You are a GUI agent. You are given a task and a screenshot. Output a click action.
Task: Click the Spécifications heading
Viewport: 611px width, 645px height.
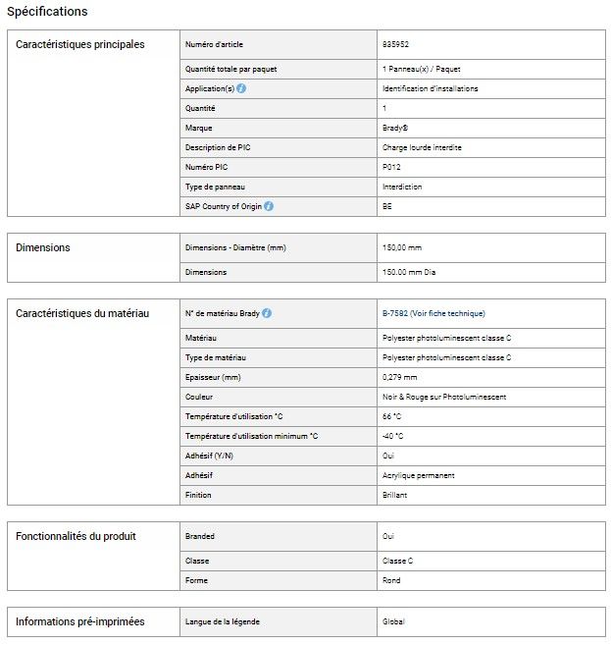coord(47,12)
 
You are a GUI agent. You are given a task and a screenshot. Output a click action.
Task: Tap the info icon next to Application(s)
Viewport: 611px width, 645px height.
coord(241,88)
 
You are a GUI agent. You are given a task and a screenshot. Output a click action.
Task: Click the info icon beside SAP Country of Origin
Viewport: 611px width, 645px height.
coord(269,206)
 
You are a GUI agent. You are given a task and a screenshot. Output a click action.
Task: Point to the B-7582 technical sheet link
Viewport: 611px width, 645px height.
coord(433,313)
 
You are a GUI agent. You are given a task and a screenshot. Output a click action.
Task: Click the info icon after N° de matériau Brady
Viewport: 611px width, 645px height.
coord(267,313)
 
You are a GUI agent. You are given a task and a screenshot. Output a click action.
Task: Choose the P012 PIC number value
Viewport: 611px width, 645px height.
coord(391,167)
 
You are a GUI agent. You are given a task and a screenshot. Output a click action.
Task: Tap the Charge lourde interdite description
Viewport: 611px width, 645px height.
coord(422,147)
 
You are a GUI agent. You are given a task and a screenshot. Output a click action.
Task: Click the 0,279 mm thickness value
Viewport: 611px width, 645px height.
coord(399,377)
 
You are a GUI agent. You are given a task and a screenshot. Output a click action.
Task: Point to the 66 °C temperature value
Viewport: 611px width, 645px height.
coord(392,416)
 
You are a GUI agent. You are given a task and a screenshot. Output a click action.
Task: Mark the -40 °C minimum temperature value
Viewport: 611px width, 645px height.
coord(393,436)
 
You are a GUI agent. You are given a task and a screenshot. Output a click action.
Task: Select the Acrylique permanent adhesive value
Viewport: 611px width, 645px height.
coord(418,475)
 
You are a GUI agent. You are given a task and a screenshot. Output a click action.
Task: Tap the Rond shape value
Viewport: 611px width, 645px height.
coord(391,580)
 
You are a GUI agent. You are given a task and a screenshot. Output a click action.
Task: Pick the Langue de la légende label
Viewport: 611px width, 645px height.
coord(223,621)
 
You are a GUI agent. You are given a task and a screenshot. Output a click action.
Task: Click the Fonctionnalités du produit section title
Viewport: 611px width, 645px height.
coord(76,536)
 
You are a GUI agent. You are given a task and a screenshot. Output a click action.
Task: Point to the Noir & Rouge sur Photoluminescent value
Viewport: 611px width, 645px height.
coord(444,397)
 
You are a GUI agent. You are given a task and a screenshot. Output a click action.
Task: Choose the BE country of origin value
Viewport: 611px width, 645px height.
coord(386,206)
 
